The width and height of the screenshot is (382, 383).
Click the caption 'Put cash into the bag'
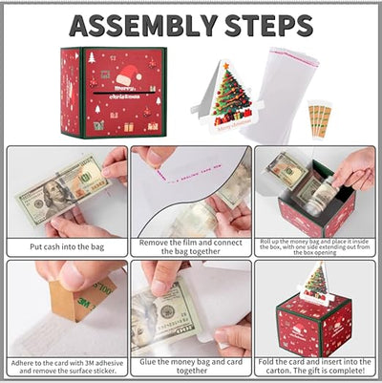64,245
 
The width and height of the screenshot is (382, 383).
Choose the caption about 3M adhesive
64,366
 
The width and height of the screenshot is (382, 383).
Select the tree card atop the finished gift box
316,283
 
